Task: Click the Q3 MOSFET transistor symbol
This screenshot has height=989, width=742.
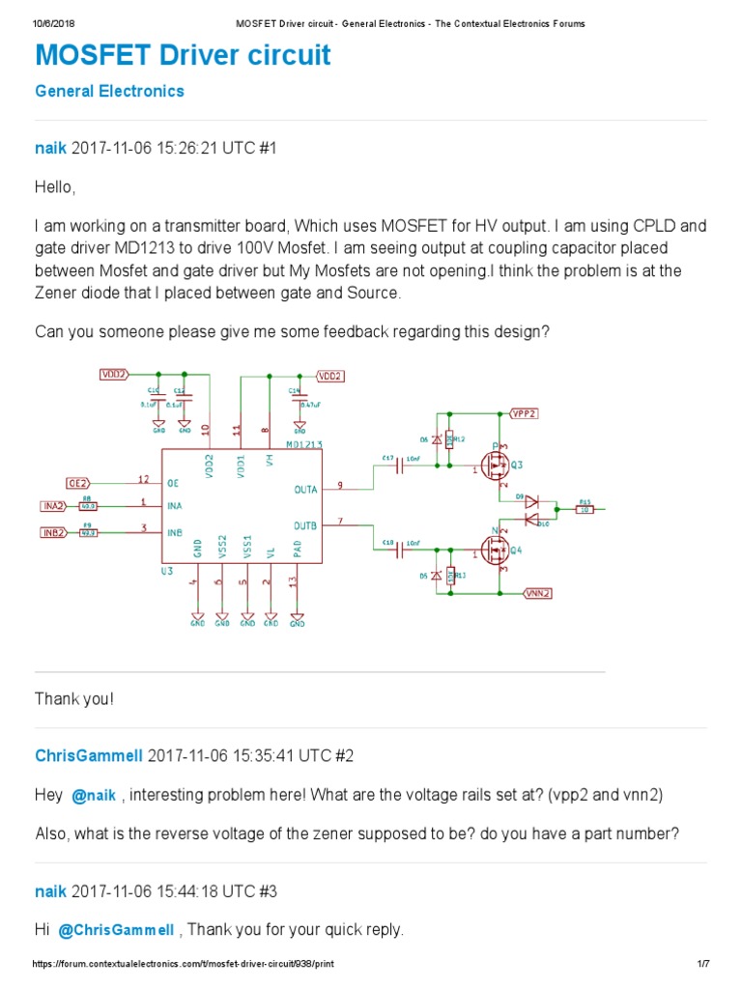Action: [x=497, y=467]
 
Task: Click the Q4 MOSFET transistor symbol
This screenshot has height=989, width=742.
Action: [x=497, y=551]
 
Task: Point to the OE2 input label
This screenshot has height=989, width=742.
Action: [x=78, y=482]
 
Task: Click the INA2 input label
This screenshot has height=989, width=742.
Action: [x=54, y=505]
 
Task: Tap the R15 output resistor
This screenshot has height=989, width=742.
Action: [x=585, y=509]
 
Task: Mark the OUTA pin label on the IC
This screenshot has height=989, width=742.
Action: [x=305, y=490]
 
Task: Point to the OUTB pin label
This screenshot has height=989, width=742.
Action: [x=305, y=525]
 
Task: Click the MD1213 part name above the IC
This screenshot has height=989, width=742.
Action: [x=303, y=445]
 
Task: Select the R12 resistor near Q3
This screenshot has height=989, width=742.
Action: [x=449, y=440]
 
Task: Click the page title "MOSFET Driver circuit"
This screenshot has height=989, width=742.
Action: [x=183, y=56]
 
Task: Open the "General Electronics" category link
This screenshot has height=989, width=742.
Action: [x=109, y=92]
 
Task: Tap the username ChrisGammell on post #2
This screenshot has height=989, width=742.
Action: [x=89, y=755]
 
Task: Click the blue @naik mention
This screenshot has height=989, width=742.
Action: [x=94, y=796]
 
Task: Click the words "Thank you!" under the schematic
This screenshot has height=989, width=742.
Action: [x=74, y=698]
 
